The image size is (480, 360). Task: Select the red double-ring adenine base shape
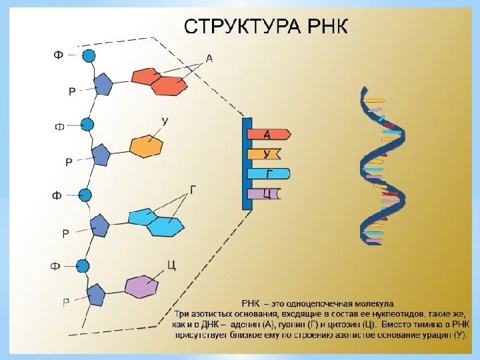[x=159, y=81]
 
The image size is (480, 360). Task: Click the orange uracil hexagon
[x=146, y=146]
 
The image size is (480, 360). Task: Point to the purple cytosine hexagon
[x=142, y=287]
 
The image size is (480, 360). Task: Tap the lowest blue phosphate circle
[x=83, y=265]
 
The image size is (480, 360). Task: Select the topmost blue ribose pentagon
[x=103, y=84]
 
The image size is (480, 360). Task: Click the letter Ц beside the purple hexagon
[x=171, y=265]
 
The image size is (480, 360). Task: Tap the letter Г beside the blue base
[x=193, y=190]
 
